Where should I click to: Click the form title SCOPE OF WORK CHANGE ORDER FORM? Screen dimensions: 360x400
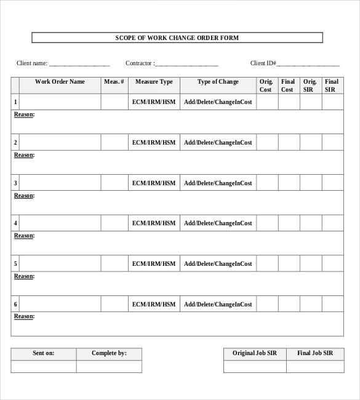[177, 38]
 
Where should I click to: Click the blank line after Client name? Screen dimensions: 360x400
[79, 64]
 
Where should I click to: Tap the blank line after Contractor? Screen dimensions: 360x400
[187, 64]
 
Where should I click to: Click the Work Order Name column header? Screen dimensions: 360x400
[60, 82]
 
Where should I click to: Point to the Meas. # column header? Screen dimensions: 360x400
[114, 82]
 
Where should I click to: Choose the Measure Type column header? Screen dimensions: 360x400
[154, 82]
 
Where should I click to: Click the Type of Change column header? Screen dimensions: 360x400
[218, 82]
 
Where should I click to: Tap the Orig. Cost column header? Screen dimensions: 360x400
[266, 86]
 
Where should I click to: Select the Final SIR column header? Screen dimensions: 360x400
[331, 86]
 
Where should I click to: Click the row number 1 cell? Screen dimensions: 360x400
[15, 102]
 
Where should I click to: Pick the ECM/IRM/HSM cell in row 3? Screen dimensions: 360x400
[154, 183]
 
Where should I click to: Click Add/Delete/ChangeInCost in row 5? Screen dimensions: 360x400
[218, 263]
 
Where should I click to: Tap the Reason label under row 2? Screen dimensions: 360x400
[24, 155]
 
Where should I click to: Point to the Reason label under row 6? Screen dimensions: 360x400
[24, 316]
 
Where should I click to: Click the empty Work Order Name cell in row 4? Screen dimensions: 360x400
[60, 223]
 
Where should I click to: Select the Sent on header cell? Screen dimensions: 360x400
[44, 353]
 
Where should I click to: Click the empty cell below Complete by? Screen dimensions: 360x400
[109, 366]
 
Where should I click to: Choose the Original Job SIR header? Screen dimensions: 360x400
[254, 353]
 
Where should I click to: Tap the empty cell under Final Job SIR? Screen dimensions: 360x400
[315, 366]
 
